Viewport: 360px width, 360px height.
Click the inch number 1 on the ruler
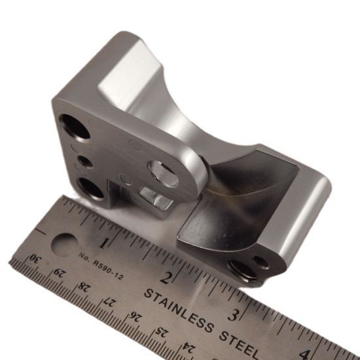[103, 243]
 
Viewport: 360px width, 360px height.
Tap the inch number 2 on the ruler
[166, 278]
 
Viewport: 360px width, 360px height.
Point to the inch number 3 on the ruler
[234, 315]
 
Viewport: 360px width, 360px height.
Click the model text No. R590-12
[101, 266]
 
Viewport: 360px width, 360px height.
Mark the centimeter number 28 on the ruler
[84, 287]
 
